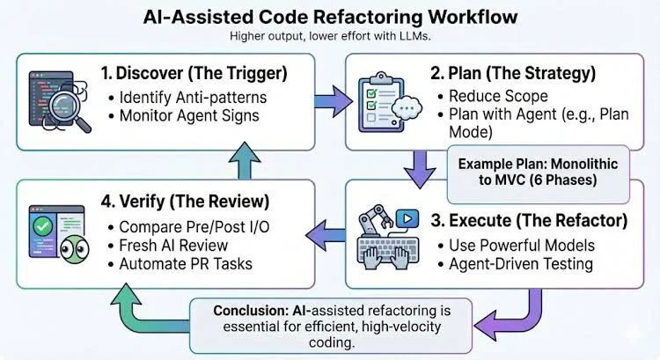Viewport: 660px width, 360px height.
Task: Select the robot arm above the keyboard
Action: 376,220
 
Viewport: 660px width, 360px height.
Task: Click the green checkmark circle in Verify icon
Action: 42,227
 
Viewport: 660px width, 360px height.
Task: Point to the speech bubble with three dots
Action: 407,108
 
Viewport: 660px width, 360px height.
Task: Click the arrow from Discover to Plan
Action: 334,101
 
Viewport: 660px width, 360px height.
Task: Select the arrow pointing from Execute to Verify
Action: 326,235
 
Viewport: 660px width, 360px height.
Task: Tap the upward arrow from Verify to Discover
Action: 245,160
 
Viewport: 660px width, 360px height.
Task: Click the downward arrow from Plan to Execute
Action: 420,169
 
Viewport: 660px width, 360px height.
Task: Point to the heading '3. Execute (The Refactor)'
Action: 529,221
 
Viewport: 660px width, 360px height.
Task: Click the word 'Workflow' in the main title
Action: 473,17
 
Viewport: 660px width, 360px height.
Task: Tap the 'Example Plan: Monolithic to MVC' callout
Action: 538,172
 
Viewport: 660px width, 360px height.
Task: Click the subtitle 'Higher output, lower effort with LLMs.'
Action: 330,36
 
